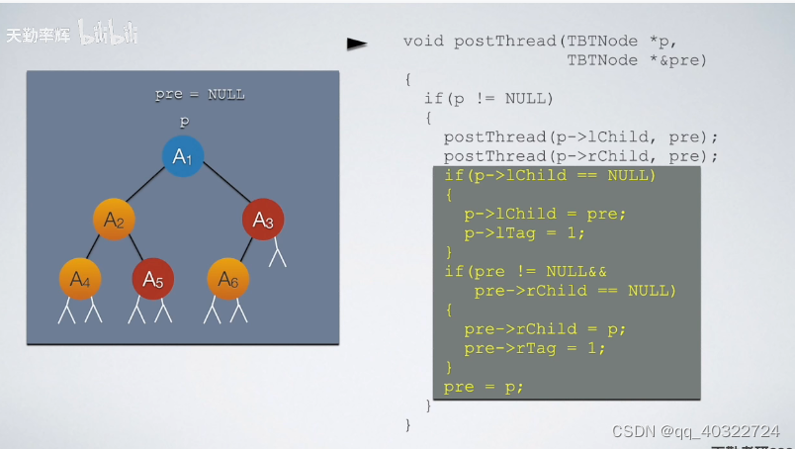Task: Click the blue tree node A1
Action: coord(183,156)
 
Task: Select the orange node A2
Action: coord(115,220)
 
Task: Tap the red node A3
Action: coord(263,220)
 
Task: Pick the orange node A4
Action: coord(79,279)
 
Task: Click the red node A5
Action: coord(152,279)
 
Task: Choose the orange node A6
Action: coord(228,279)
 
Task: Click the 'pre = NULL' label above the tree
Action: coord(200,95)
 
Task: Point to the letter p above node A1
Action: coord(184,121)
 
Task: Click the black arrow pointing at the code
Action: coord(356,44)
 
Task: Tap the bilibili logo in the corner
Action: coord(108,36)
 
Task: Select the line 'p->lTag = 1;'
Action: coord(524,232)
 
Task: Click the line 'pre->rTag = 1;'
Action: coord(534,348)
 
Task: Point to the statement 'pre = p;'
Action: coord(484,387)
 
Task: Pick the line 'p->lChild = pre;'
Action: coord(545,214)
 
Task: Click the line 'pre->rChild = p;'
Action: coord(545,329)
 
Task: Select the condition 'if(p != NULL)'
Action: coord(488,98)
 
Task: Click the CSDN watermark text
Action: coord(695,431)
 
